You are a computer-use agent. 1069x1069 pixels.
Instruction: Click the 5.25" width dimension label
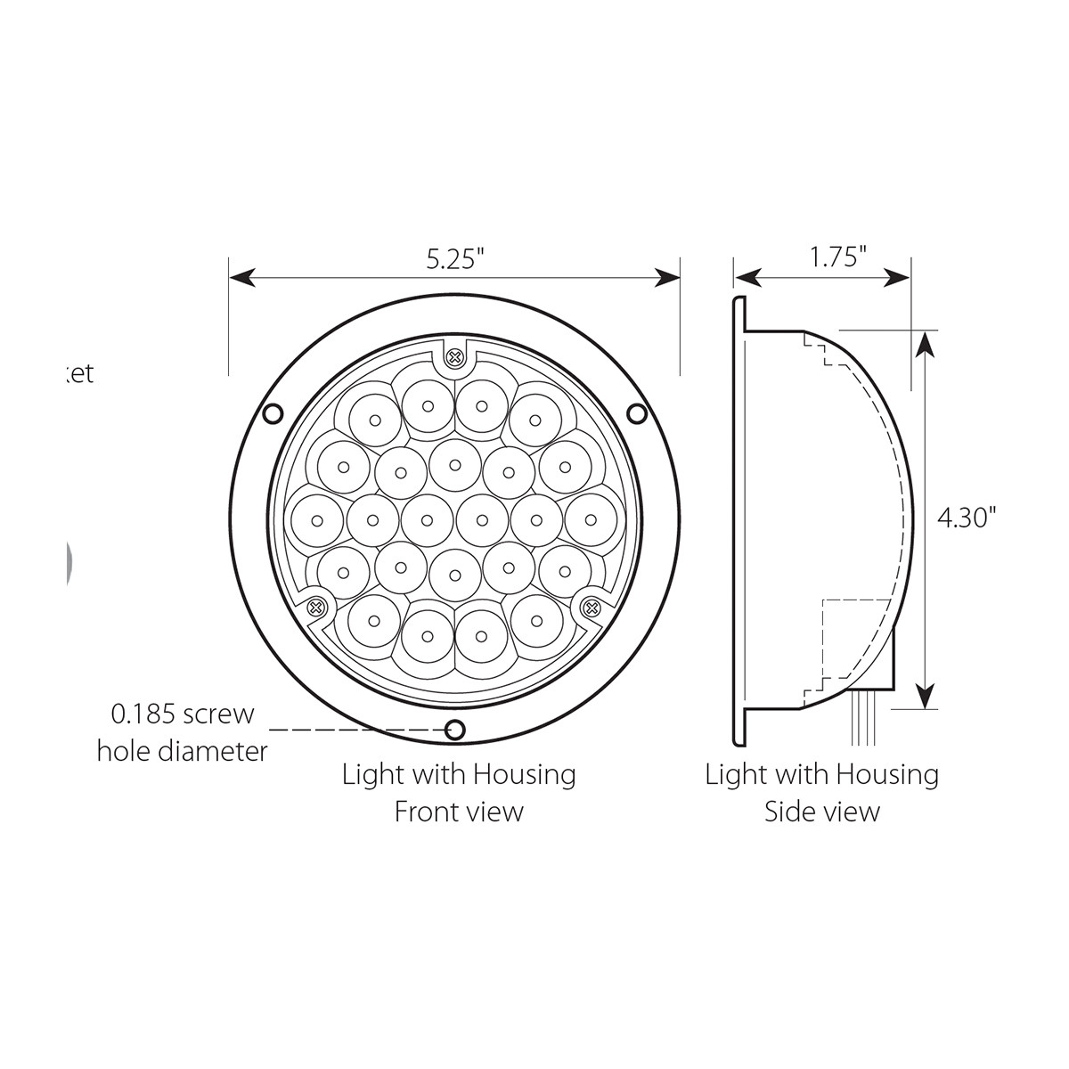pos(454,259)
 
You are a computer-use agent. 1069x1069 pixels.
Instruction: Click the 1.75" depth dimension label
pos(838,258)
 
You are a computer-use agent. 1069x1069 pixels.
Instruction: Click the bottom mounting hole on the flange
pos(455,730)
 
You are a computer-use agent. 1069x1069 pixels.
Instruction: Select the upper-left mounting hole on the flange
pos(273,413)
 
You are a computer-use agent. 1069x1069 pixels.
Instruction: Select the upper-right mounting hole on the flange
pos(636,413)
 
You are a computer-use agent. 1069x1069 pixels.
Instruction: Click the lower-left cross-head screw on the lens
pos(314,608)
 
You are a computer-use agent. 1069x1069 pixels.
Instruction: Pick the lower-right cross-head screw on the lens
pos(590,608)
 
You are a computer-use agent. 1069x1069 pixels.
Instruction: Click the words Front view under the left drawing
pos(459,812)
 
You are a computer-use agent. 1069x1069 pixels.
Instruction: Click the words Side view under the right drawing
pos(821,812)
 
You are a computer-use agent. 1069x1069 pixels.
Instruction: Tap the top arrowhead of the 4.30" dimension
pos(927,343)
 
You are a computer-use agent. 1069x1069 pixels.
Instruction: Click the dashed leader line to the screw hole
pos(356,730)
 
